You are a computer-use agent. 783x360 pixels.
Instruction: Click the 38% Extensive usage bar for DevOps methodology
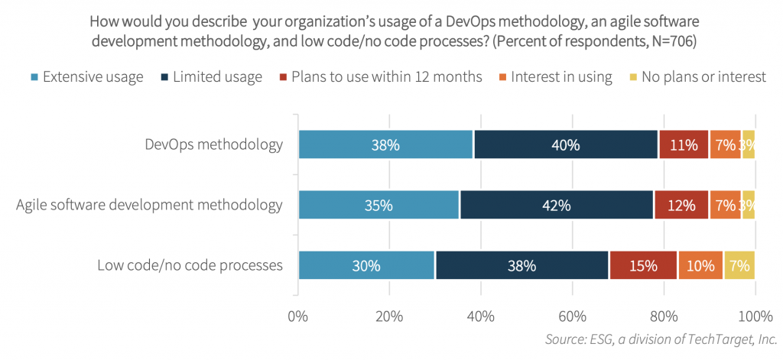(x=385, y=144)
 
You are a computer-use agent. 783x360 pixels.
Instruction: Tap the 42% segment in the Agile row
(x=557, y=205)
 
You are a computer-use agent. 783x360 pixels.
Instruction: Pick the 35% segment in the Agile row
(x=379, y=205)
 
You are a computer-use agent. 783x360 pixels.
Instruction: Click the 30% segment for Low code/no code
(x=366, y=265)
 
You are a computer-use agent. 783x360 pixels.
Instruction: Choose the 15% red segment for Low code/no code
(x=643, y=265)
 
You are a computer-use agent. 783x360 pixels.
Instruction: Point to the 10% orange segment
(x=700, y=265)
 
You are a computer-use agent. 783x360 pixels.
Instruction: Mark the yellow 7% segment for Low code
(x=739, y=265)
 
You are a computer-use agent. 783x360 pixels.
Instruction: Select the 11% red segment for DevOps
(x=683, y=144)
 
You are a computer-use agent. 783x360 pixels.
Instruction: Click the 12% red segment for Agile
(x=681, y=205)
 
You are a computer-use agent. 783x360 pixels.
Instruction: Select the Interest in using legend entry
(x=561, y=76)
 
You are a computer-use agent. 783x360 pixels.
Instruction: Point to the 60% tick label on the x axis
(x=572, y=316)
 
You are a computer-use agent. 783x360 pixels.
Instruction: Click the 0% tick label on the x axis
(x=298, y=316)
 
